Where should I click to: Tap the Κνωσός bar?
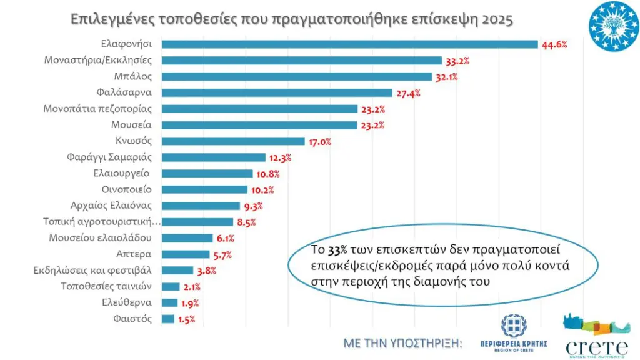point(233,141)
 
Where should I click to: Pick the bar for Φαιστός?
point(168,319)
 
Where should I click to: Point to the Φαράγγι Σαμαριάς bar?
point(214,157)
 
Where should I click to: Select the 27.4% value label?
point(407,93)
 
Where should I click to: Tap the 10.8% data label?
point(268,174)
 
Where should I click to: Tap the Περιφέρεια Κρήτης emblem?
point(514,327)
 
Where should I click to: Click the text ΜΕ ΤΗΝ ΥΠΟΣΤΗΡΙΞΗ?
point(402,344)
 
